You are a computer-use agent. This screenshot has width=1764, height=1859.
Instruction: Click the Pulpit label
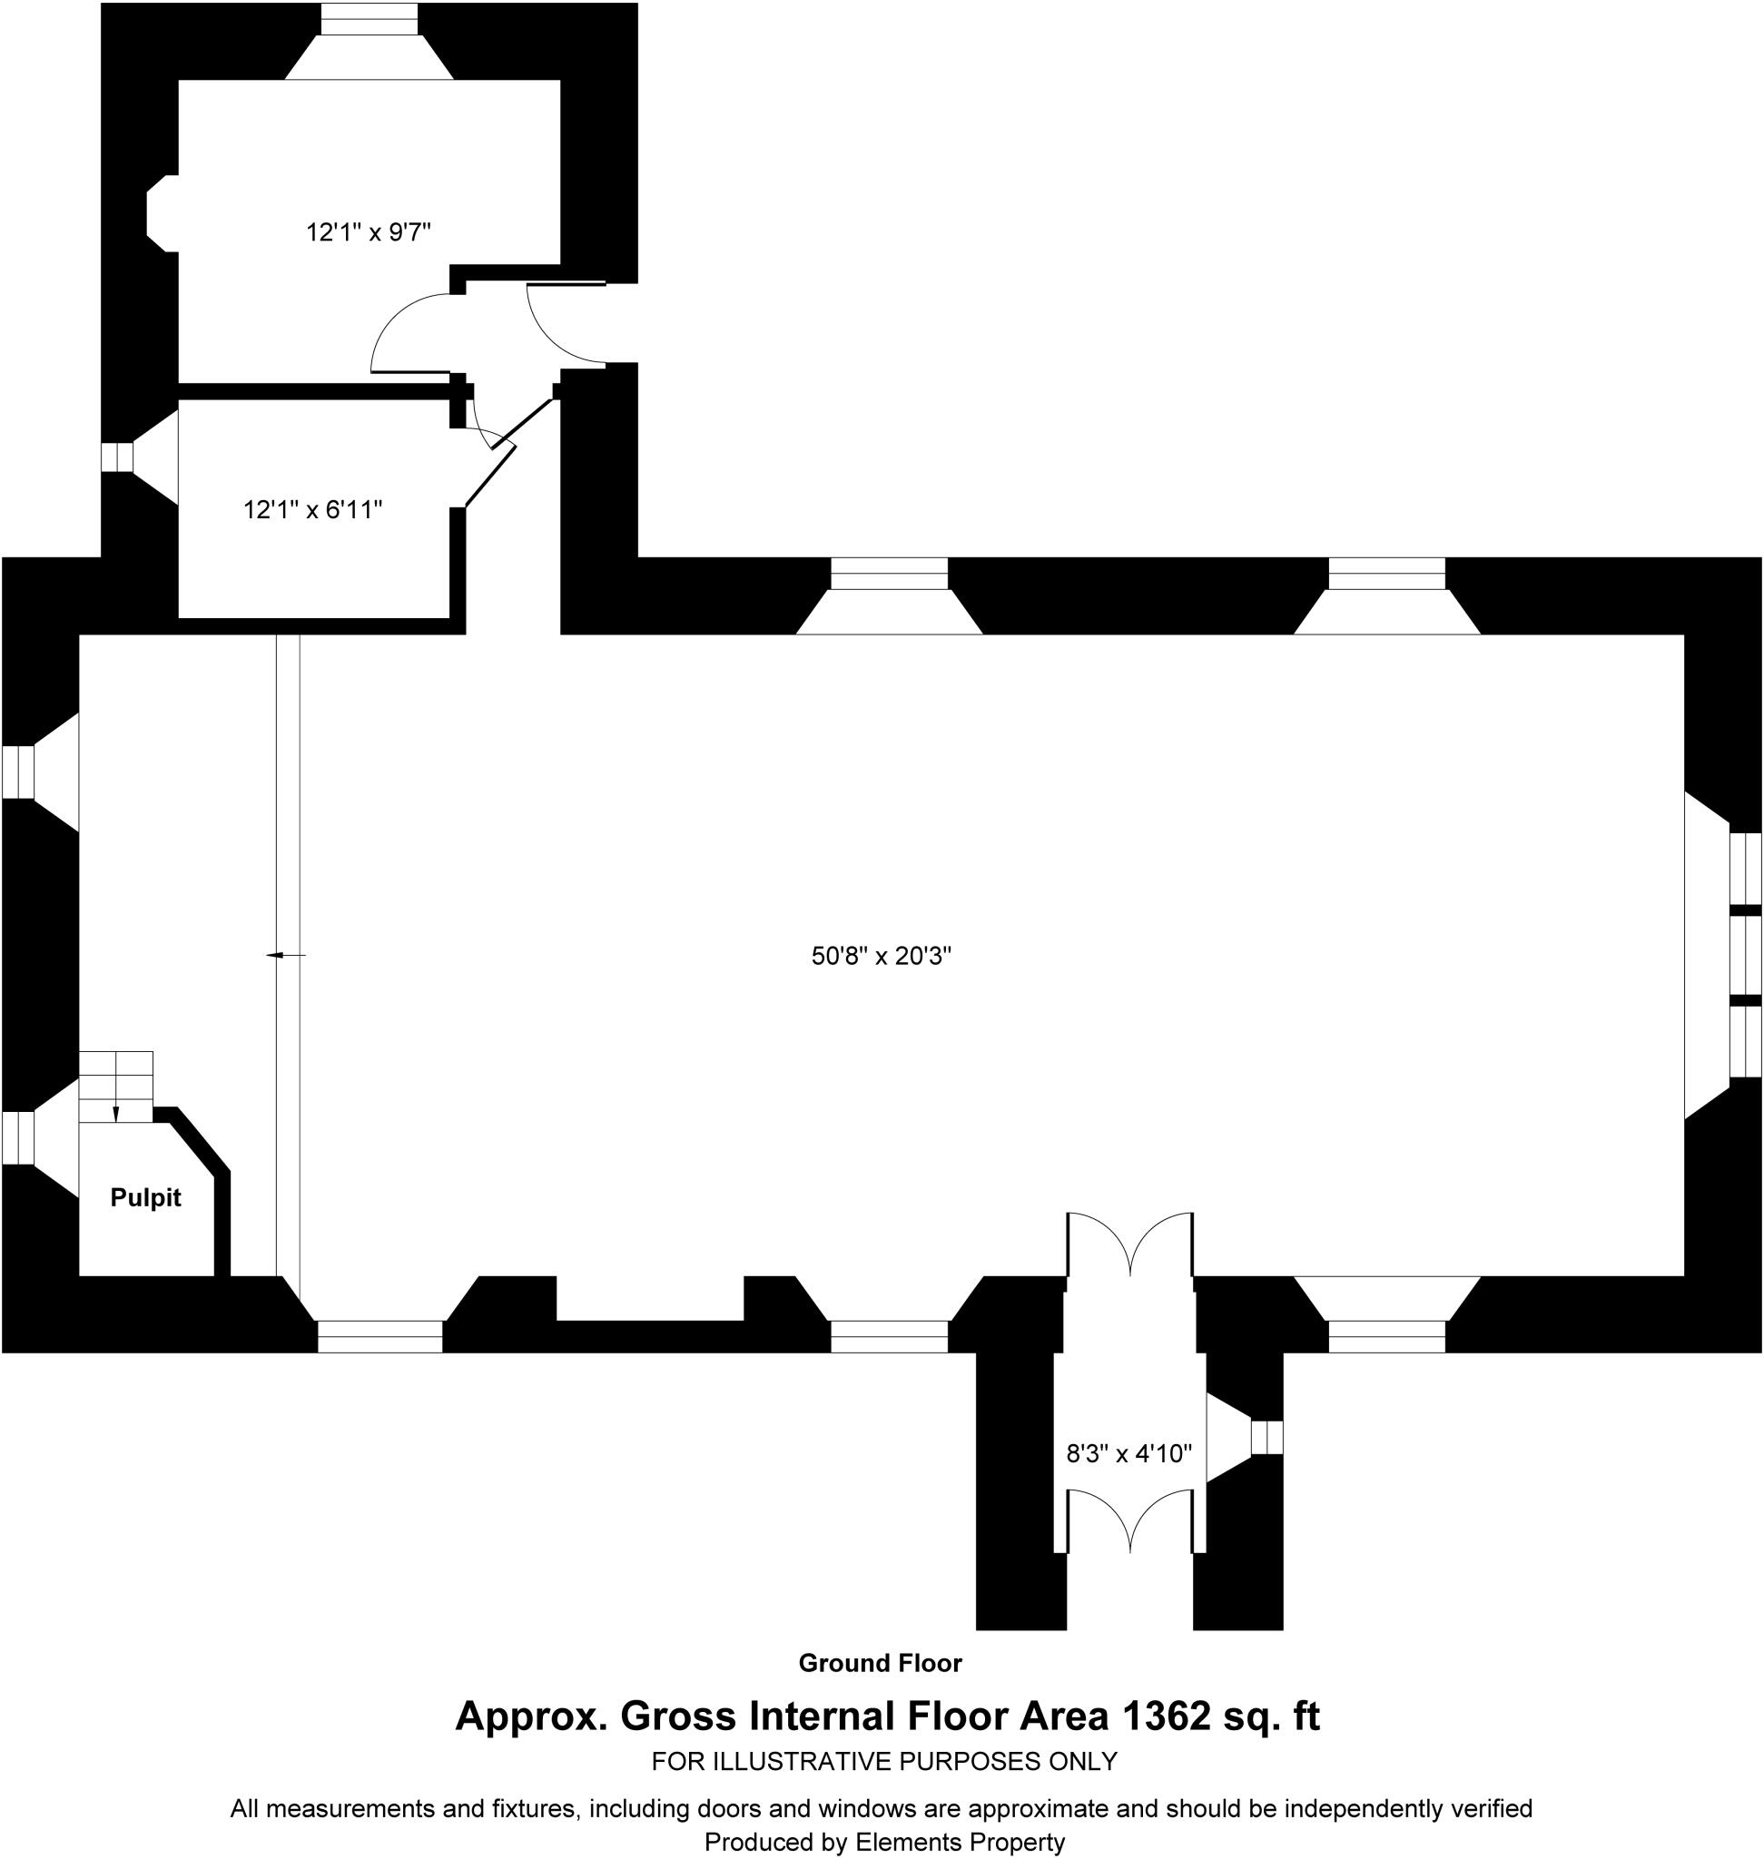(x=145, y=1198)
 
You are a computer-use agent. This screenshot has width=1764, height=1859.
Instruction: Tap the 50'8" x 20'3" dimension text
(x=881, y=957)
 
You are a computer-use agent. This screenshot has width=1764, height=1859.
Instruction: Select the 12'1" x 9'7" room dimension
(x=369, y=232)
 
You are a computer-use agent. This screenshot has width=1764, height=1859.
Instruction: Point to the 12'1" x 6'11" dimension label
(x=313, y=509)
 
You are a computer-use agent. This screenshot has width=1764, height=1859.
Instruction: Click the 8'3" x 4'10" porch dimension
(x=1128, y=1454)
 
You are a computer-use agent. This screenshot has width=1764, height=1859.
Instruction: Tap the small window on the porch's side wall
(x=1266, y=1438)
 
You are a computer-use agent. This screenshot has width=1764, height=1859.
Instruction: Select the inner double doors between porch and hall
(x=1129, y=1243)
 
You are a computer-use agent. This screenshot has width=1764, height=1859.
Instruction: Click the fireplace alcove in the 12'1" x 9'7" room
(x=162, y=213)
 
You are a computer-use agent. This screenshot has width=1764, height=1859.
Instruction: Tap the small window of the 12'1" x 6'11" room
(x=117, y=457)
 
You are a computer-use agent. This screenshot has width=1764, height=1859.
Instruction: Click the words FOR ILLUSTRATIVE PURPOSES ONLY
(x=884, y=1761)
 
